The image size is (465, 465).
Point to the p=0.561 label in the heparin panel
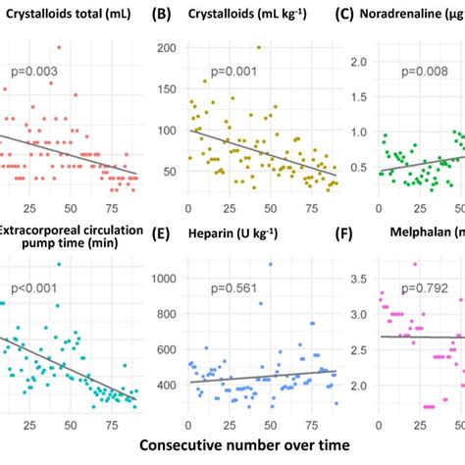(232, 287)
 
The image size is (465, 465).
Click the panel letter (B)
(160, 14)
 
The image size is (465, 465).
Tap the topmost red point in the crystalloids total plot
(59, 47)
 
